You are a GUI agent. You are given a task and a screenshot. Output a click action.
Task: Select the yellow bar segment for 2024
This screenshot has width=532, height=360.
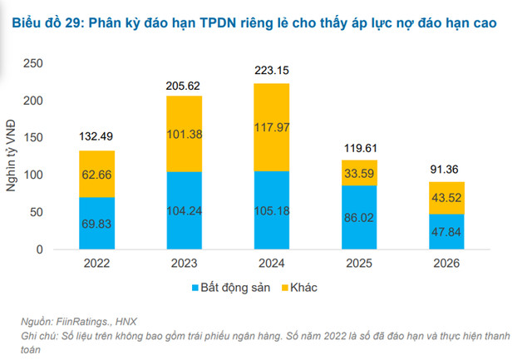272,126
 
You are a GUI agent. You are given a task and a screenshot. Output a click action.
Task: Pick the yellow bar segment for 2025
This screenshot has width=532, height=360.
358,172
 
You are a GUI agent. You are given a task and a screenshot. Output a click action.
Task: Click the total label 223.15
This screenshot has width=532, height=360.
272,72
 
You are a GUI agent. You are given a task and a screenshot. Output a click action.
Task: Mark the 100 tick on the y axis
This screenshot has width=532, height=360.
35,175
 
